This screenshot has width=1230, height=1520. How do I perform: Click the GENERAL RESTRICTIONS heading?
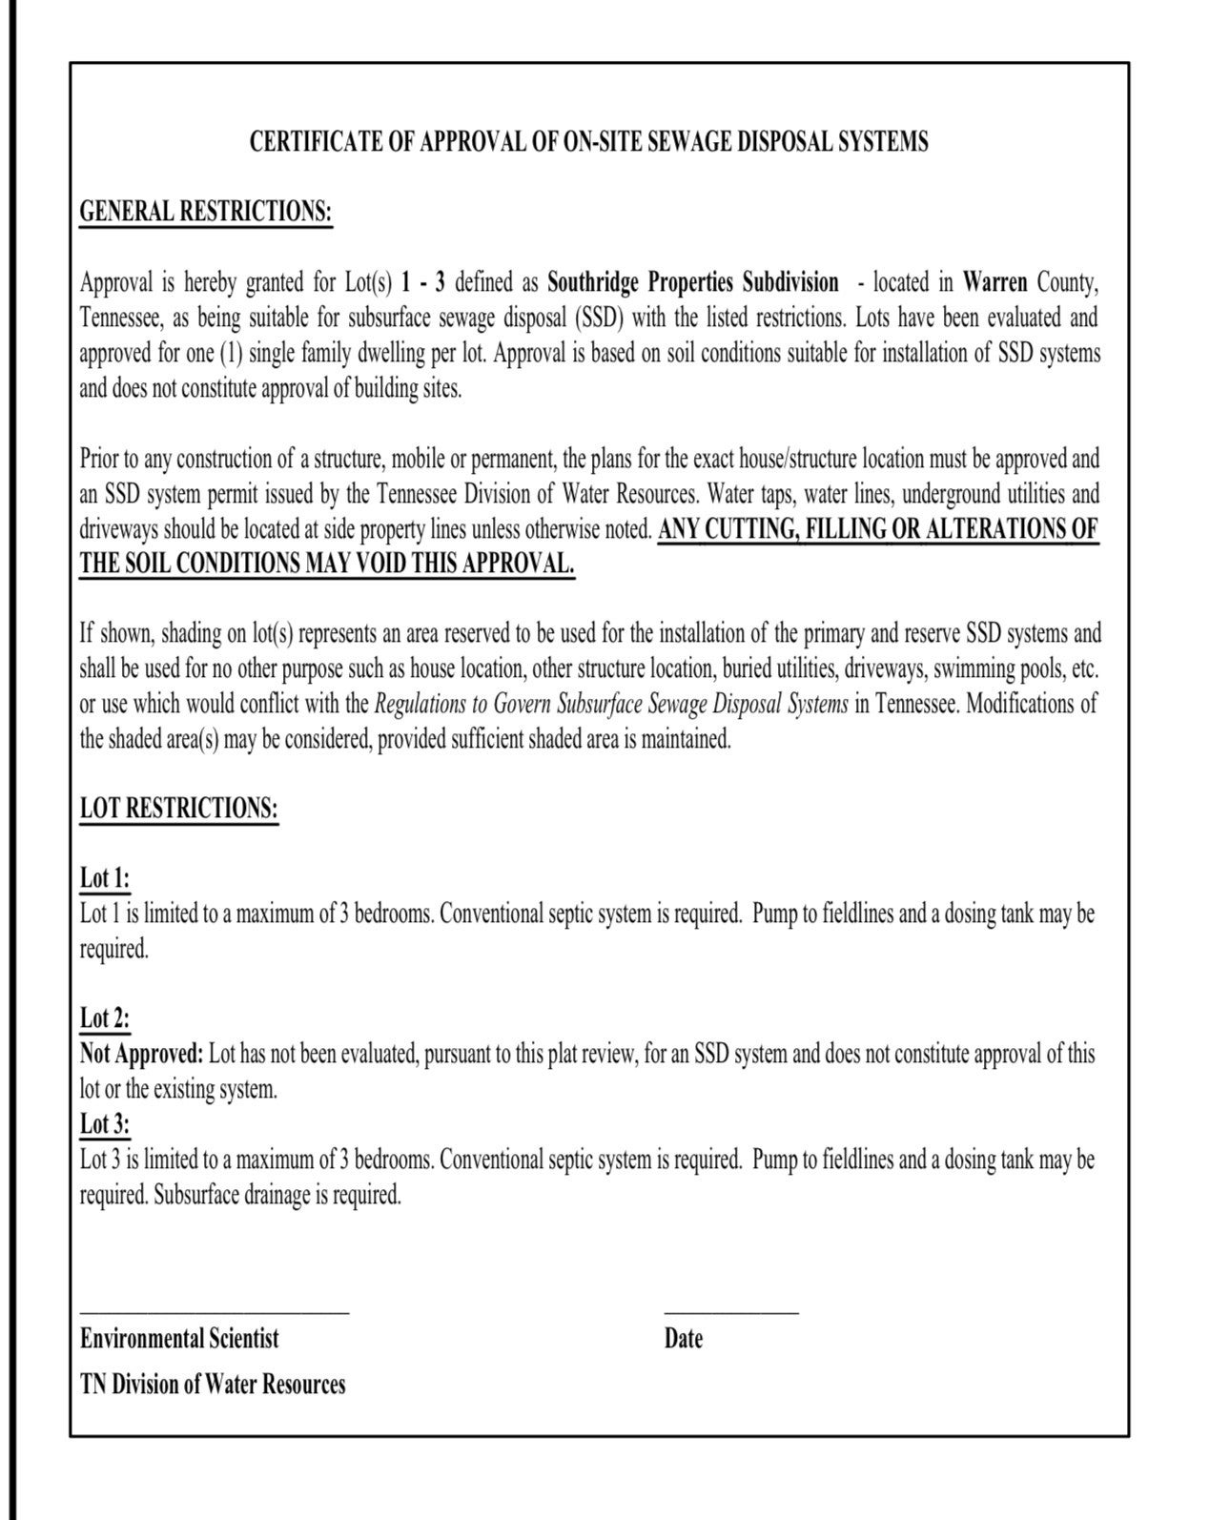click(206, 211)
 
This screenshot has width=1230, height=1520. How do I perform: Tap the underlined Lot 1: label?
click(104, 878)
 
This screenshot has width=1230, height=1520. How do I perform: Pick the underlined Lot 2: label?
click(104, 1018)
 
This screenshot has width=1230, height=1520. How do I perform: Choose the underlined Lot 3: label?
click(104, 1124)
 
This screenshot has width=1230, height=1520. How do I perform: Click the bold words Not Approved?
click(141, 1054)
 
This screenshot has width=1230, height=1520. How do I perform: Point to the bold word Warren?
click(994, 282)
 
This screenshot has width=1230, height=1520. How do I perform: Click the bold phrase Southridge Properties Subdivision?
click(693, 282)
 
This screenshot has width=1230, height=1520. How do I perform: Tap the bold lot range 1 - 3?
click(423, 282)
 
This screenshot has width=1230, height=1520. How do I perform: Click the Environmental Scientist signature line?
click(215, 1313)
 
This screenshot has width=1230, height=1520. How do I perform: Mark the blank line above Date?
click(731, 1313)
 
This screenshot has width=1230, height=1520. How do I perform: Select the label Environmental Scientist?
click(179, 1339)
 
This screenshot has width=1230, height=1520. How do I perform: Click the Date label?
click(684, 1339)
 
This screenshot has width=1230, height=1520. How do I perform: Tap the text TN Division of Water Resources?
click(213, 1384)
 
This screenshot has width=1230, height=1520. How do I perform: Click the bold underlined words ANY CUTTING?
click(728, 529)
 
